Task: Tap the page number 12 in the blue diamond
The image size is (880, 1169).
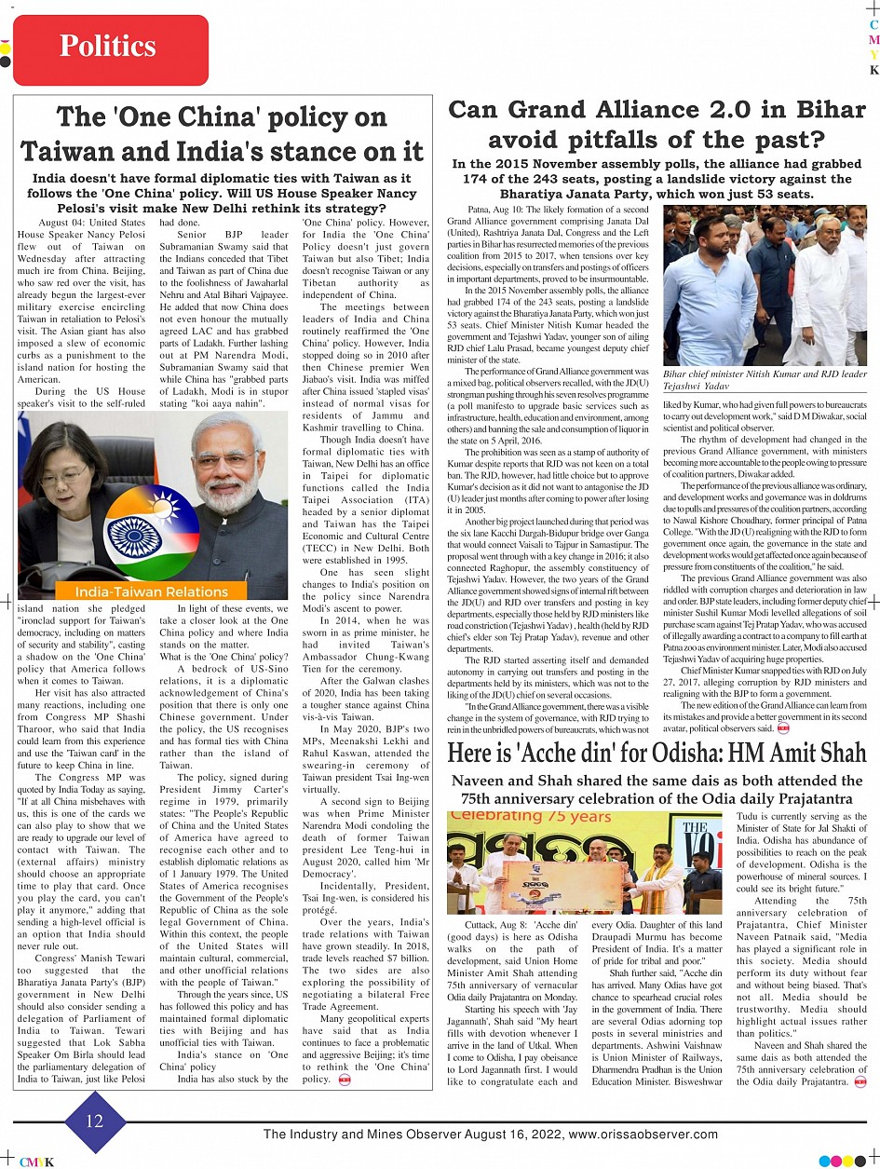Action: (94, 1121)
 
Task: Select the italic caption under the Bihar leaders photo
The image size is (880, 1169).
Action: (764, 379)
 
